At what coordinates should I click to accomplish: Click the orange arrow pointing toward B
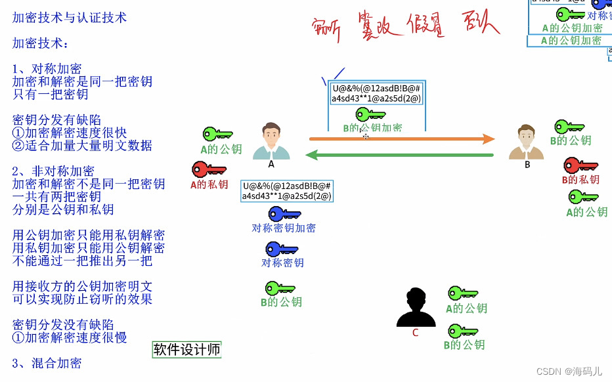point(401,138)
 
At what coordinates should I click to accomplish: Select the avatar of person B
point(527,142)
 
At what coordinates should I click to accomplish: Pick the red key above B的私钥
point(580,165)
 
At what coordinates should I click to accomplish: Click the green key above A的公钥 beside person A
point(217,135)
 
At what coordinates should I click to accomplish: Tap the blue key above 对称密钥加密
point(284,214)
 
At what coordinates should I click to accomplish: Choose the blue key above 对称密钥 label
point(282,249)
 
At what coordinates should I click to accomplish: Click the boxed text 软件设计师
point(187,350)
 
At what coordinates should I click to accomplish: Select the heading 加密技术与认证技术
point(70,18)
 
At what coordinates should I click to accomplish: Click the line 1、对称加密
point(47,69)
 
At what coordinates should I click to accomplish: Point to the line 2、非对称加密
point(53,171)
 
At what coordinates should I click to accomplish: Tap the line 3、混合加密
point(47,363)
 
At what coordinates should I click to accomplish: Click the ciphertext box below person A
point(287,191)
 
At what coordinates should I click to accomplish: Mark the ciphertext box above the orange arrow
point(377,93)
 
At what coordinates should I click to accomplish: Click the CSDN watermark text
point(569,371)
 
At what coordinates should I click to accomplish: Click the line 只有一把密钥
point(51,94)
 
